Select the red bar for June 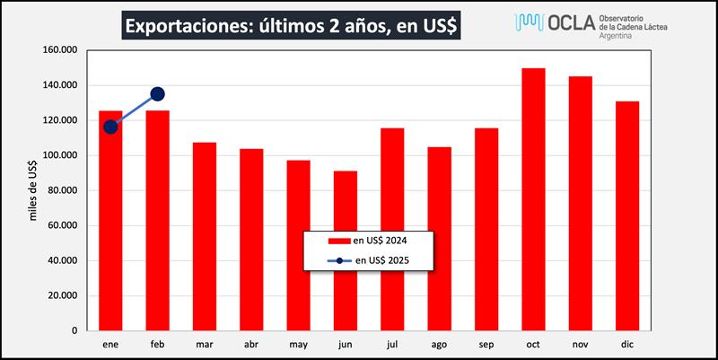[x=346, y=250]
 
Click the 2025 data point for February [x=157, y=94]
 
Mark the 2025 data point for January [x=110, y=127]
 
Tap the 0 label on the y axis [x=78, y=330]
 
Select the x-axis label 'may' [x=298, y=344]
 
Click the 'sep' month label [x=486, y=344]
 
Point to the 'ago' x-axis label [x=439, y=344]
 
